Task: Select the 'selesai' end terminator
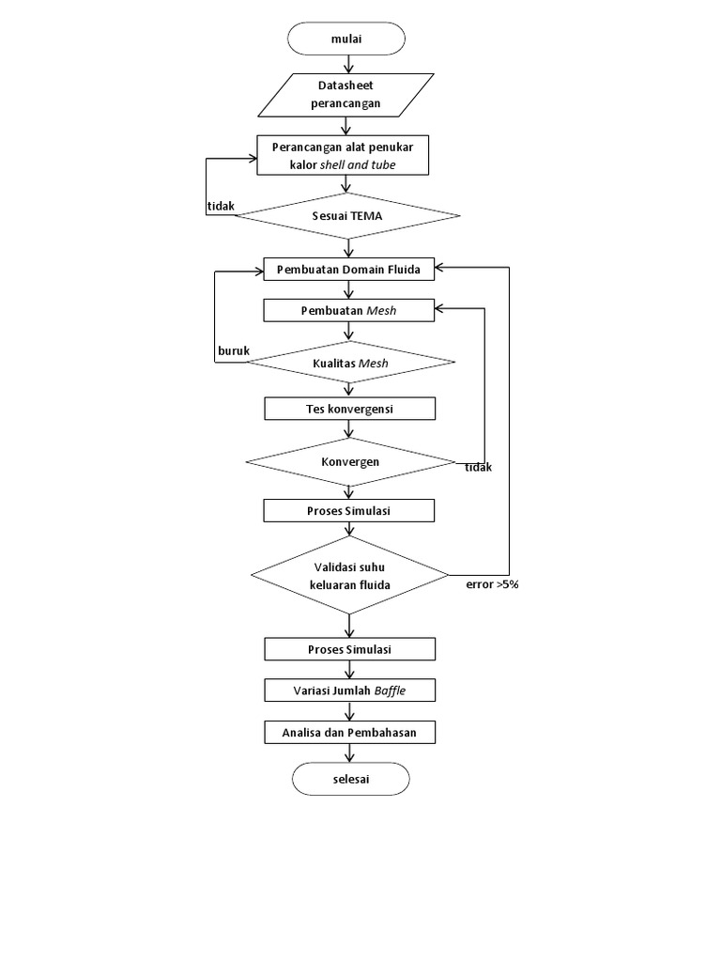(350, 779)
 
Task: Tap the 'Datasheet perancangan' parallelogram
(346, 95)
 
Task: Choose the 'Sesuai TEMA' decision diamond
(347, 216)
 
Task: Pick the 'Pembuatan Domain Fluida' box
(349, 270)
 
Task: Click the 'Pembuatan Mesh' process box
(349, 310)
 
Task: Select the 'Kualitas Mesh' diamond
(349, 362)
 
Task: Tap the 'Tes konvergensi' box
(349, 409)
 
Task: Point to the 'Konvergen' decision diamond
(349, 461)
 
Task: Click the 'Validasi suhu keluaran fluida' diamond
(349, 575)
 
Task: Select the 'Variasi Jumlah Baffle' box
(349, 690)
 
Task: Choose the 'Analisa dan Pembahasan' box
(349, 732)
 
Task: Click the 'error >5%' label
(492, 584)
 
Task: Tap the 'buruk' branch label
(234, 351)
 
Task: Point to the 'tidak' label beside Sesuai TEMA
(221, 206)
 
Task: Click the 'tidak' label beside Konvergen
(479, 468)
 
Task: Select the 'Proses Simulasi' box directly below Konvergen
(349, 510)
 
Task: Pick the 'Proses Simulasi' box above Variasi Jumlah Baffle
(349, 649)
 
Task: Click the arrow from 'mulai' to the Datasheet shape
(349, 64)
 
